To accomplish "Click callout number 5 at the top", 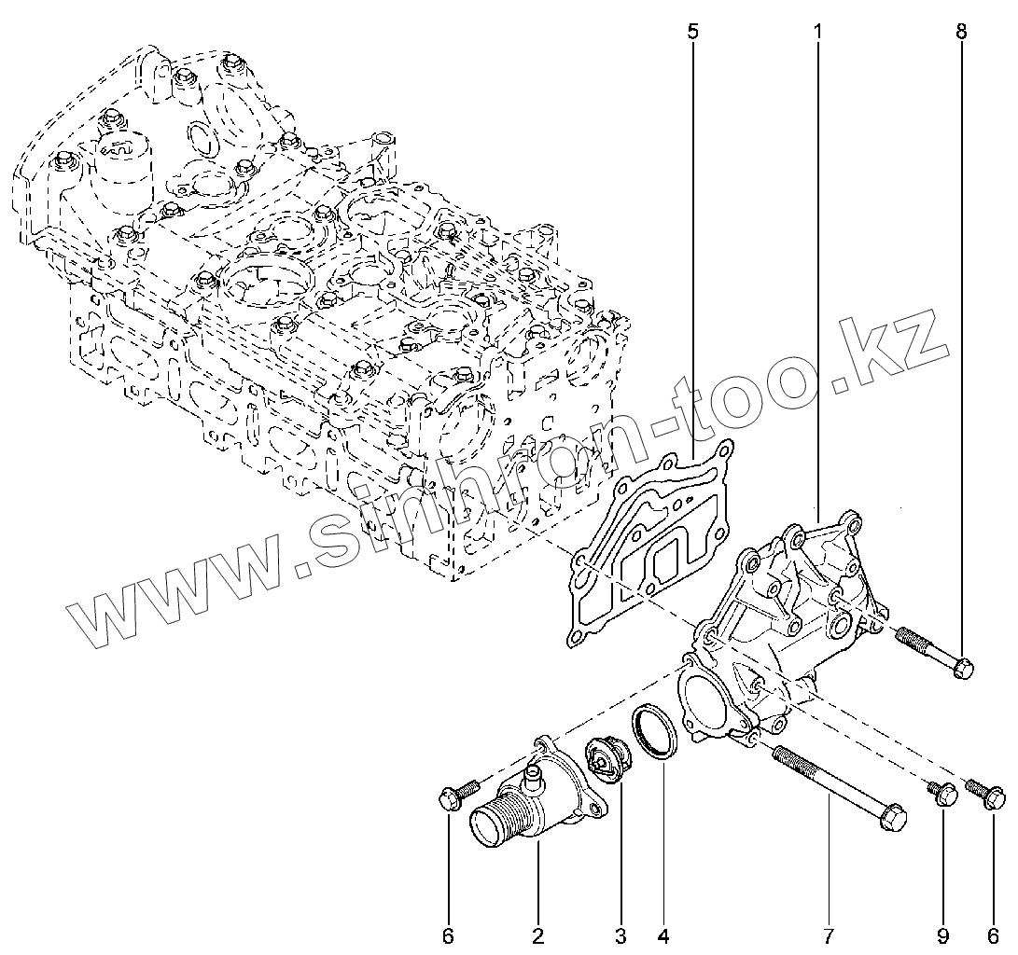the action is (692, 32).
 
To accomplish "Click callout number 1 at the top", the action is (817, 32).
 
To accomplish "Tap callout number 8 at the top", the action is (961, 32).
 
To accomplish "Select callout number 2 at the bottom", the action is (538, 934).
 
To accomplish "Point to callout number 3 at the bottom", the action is (621, 934).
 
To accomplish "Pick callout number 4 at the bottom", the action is (663, 934).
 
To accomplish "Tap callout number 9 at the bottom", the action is (942, 934).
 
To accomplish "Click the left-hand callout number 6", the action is (448, 934).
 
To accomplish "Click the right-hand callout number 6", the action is (992, 934).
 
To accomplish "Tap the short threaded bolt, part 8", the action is (934, 652).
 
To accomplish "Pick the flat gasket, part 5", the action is (644, 550).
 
